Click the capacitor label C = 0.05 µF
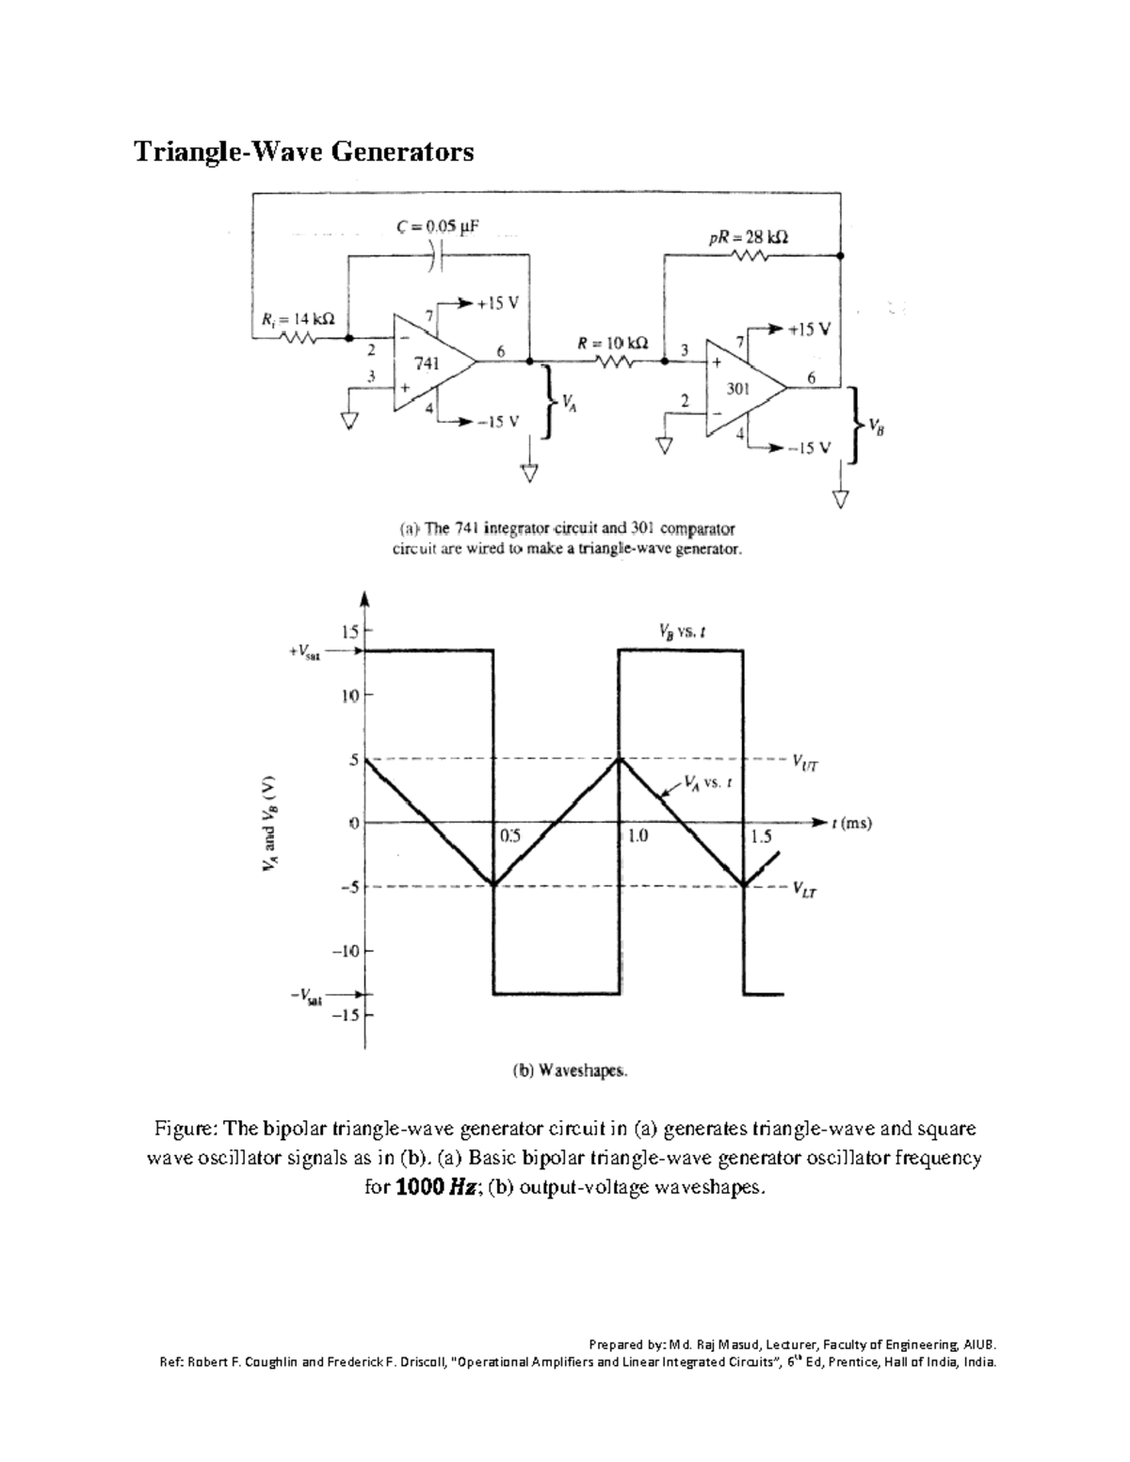438,227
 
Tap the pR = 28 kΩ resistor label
749,238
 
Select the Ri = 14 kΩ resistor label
297,319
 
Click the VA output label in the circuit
568,404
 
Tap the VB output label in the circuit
876,426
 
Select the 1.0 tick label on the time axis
638,835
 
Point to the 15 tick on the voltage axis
349,631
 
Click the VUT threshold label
805,763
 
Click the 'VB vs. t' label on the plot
683,633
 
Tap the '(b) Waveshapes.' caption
569,1070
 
